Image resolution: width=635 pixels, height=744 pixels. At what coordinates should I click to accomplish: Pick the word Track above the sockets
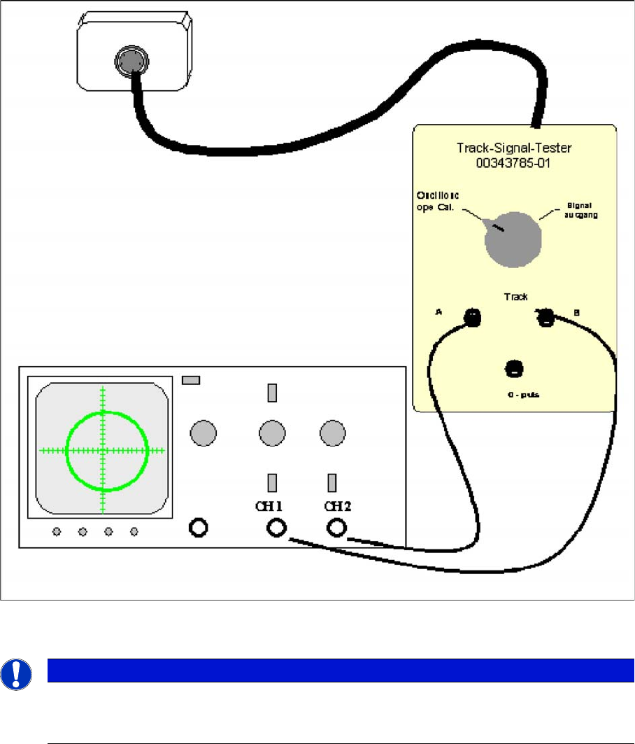(515, 297)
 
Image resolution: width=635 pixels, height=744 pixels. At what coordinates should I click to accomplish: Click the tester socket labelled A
(472, 318)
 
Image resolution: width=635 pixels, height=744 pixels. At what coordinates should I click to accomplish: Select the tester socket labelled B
(545, 318)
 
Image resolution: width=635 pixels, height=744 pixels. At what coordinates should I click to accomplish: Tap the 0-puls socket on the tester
(514, 367)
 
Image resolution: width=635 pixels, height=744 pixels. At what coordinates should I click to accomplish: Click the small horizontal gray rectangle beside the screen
(191, 380)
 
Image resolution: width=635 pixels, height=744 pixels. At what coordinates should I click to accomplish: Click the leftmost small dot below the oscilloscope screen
(57, 533)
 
